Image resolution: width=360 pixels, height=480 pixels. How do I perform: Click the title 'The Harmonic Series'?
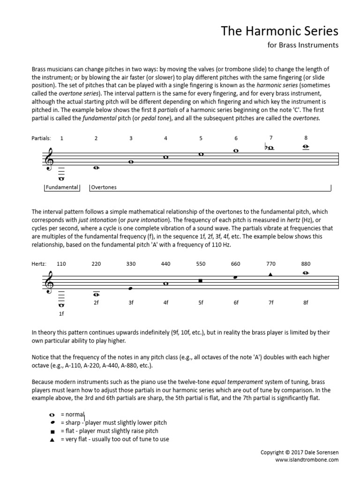pos(279,31)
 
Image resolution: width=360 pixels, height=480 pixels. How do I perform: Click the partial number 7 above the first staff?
pos(270,137)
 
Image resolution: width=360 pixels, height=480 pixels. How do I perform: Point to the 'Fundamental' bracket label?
pos(61,187)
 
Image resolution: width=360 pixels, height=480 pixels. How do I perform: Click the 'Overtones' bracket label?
pos(104,187)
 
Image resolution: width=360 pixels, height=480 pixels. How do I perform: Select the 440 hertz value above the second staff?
pos(165,264)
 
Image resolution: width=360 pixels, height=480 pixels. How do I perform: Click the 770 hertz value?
pos(270,264)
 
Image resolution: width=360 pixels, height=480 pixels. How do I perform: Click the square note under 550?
pos(201,281)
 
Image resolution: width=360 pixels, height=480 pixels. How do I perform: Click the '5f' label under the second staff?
pos(201,303)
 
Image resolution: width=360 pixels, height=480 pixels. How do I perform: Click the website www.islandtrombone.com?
pos(307,460)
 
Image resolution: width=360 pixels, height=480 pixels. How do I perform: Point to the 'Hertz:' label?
pos(38,264)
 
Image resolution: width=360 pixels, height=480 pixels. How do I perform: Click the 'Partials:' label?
pos(41,138)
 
